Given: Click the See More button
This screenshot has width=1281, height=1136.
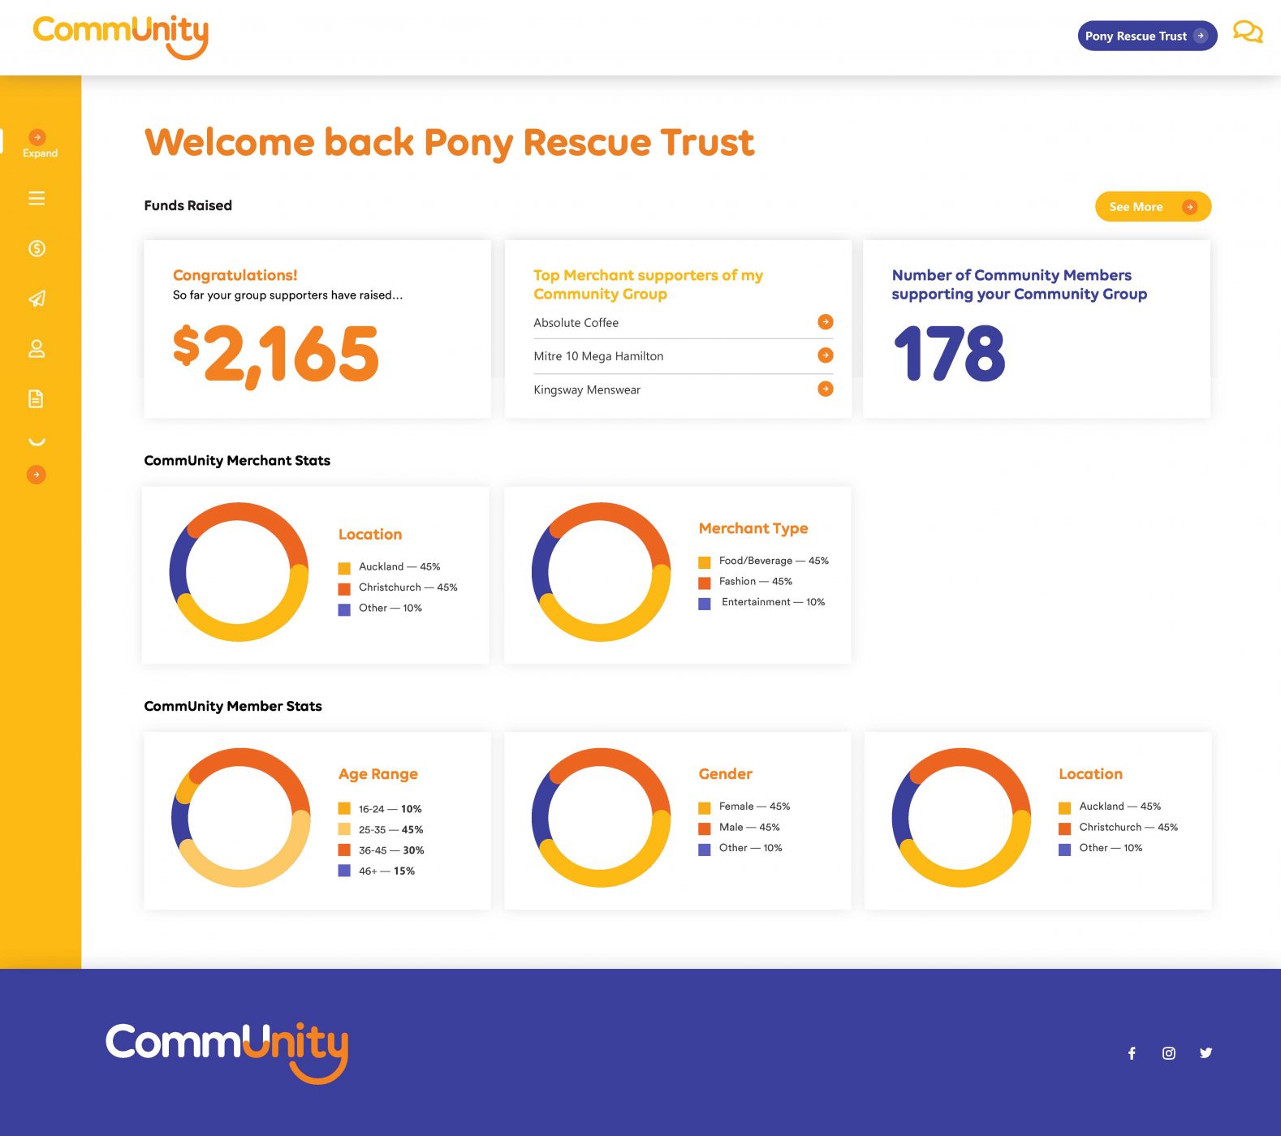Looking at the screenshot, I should [1152, 207].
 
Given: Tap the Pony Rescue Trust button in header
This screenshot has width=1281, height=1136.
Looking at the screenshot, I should [1146, 36].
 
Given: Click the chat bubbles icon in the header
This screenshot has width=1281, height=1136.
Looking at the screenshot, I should [1247, 32].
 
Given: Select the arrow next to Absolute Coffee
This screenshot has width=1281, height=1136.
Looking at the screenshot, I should [825, 322].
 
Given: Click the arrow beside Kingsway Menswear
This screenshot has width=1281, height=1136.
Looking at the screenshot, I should [825, 389].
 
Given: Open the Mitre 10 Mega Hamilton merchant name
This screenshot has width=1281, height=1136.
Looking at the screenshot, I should [598, 356].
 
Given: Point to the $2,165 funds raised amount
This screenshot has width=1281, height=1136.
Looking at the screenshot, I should [276, 354].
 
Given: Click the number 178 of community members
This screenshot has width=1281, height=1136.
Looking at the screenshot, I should [949, 354].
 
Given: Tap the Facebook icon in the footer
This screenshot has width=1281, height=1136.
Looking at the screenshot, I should [1132, 1053].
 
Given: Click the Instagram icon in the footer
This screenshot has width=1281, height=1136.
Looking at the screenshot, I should [1168, 1053].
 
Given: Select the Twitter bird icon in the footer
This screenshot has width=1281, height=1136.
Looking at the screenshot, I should [1206, 1053].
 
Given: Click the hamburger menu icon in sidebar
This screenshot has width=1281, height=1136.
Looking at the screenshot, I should [37, 198].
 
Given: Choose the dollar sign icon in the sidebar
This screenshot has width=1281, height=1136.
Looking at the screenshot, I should [37, 248].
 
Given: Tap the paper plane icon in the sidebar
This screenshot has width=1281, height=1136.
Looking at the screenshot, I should [37, 299].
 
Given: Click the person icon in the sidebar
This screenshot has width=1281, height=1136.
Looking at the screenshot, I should [37, 349].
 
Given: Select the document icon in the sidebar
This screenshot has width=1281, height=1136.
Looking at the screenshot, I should [37, 398].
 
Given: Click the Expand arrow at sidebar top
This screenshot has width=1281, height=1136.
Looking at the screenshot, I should [37, 137].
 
